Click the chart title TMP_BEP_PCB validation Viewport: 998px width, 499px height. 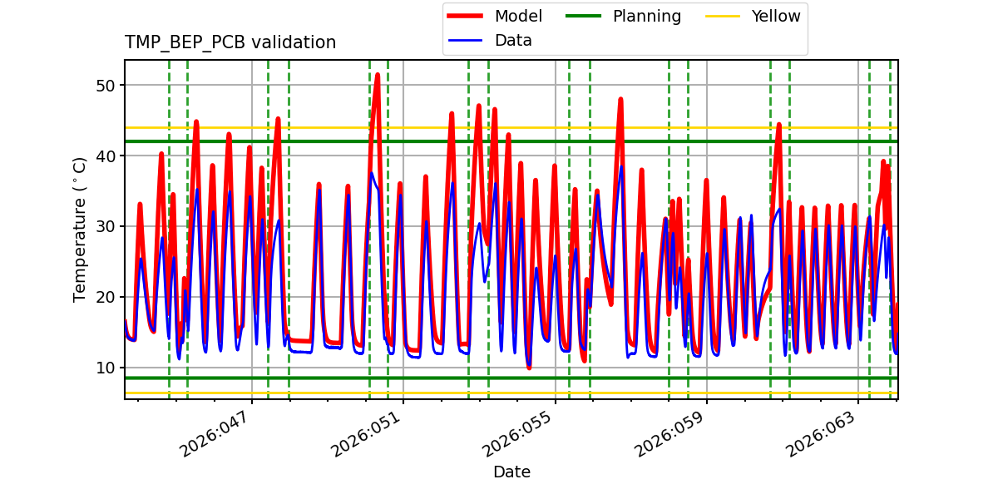[x=230, y=42]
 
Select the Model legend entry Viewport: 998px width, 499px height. [x=518, y=16]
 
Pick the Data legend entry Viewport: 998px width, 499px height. [x=513, y=40]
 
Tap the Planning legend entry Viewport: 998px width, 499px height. [x=646, y=16]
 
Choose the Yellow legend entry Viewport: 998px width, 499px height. [x=775, y=16]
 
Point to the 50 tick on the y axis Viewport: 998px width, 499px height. [x=111, y=86]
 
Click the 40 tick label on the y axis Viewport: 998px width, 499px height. [x=111, y=156]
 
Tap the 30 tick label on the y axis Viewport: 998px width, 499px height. [x=111, y=227]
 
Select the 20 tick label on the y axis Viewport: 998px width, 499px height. [x=111, y=298]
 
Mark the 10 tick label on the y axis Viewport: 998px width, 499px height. [x=111, y=368]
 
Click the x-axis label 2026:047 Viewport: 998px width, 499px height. [x=215, y=432]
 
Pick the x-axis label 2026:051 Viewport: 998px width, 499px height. [x=367, y=432]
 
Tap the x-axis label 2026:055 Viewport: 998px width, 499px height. [x=519, y=432]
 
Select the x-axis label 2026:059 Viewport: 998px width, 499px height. [x=670, y=432]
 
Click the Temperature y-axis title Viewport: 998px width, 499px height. [x=80, y=229]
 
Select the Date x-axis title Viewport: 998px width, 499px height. [x=511, y=472]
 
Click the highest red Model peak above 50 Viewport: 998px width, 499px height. [x=377, y=75]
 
